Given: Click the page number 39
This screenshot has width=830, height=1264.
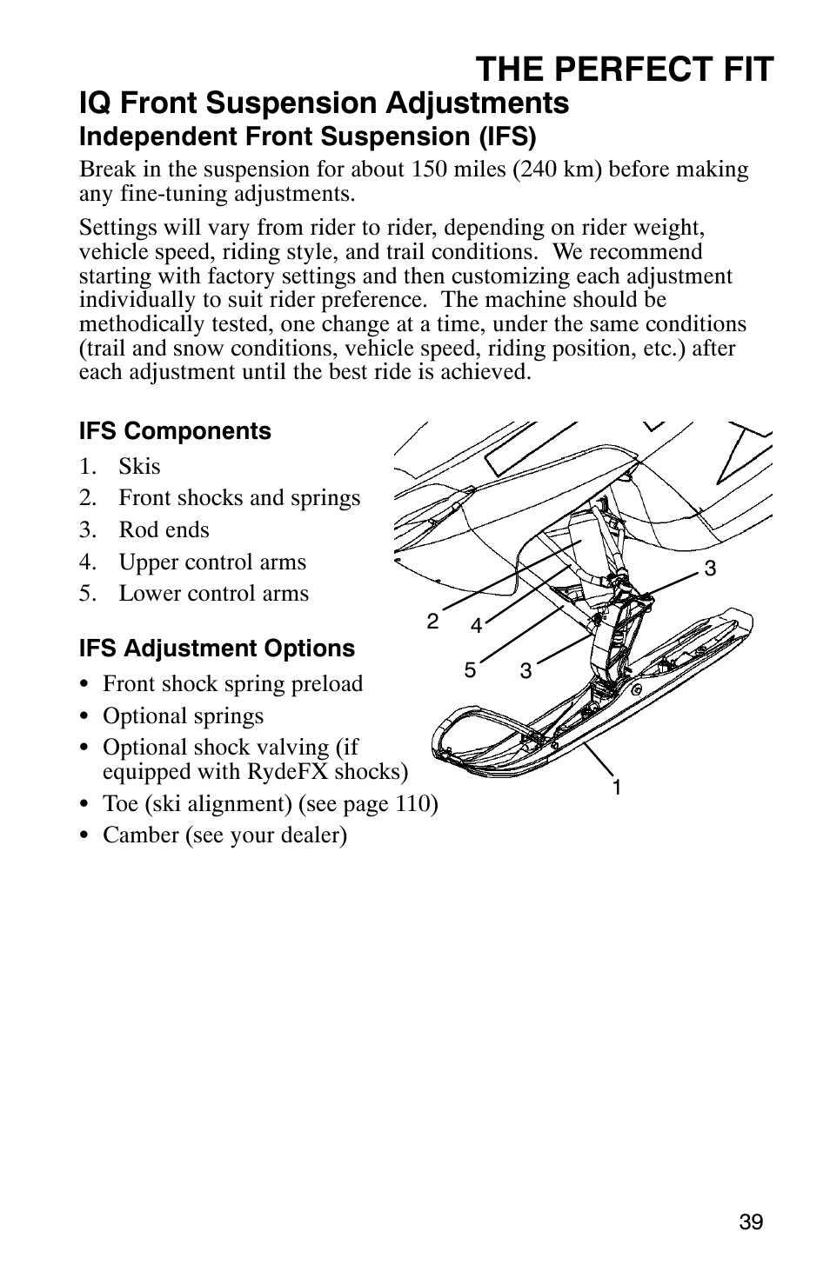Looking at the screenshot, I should tap(751, 1222).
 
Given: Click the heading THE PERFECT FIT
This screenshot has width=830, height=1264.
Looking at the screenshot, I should tap(624, 69).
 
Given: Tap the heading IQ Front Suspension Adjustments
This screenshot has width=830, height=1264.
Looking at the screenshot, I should tap(324, 103).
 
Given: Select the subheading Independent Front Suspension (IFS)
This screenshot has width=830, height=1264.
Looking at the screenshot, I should tap(307, 136).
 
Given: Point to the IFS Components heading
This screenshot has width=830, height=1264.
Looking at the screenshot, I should tap(175, 431).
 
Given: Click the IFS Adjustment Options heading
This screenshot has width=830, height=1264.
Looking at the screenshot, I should tap(217, 649).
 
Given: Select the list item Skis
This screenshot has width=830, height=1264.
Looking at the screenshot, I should tap(139, 466).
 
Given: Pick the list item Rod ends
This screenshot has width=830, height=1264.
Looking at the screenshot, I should tap(164, 529).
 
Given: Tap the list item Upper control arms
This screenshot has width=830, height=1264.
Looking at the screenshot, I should tap(212, 562).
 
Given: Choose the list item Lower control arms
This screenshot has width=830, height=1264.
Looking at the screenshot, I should tap(213, 593).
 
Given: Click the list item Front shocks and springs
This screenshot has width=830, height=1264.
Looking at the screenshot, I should tap(239, 497).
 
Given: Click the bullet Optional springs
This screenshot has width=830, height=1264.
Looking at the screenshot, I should tap(183, 715).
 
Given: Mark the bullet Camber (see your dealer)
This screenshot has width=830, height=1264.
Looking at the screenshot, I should tap(224, 835).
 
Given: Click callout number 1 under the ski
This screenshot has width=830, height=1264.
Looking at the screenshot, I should tap(616, 788).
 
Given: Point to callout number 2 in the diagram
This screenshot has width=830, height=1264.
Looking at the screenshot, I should tap(432, 622).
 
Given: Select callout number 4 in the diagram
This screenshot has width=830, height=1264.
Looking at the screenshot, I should tap(476, 626).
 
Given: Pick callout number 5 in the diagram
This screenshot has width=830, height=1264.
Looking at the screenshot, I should tap(470, 669).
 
